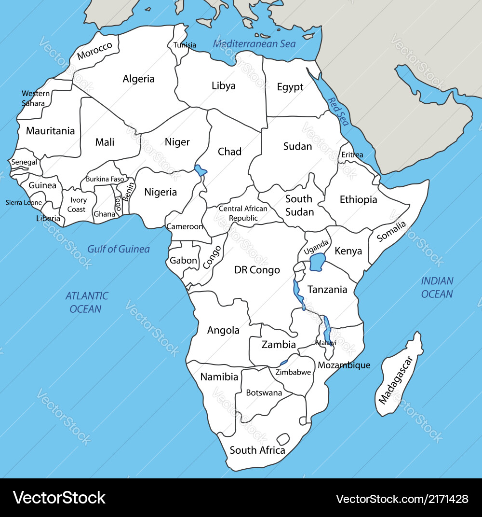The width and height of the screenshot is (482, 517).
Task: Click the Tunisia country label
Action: (185, 45)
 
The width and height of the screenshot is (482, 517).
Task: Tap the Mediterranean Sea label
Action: (254, 44)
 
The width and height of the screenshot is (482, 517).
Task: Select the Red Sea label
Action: (338, 112)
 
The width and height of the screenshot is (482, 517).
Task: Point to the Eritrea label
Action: (352, 155)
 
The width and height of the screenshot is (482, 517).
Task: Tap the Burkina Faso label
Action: (105, 179)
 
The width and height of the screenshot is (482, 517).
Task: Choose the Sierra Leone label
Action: (24, 203)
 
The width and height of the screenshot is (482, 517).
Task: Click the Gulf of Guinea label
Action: (119, 249)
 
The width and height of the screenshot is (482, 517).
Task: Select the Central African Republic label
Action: (243, 213)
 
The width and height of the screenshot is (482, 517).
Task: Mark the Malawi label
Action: (326, 343)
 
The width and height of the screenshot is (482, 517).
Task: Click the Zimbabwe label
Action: (293, 372)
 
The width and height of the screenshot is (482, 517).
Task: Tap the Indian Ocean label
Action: (437, 287)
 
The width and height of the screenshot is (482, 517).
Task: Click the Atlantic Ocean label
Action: (87, 302)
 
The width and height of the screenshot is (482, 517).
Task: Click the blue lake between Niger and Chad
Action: (201, 170)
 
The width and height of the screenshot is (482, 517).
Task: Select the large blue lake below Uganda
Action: (318, 263)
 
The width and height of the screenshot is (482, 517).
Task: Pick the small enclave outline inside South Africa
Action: (282, 439)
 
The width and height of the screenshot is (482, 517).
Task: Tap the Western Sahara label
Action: (36, 98)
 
